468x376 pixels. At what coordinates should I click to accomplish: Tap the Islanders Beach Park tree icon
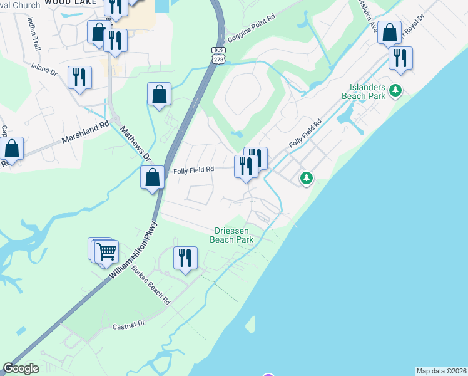395,91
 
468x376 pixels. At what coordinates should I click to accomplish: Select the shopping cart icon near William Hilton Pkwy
106,252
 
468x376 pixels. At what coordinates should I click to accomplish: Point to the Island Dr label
44,68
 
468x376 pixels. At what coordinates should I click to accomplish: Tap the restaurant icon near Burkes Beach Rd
185,258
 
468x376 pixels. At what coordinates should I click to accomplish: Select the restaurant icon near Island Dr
79,77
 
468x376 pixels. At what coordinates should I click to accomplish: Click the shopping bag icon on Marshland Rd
12,149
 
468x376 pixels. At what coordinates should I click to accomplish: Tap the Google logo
21,368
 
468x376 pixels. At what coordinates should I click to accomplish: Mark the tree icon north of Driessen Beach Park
306,179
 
